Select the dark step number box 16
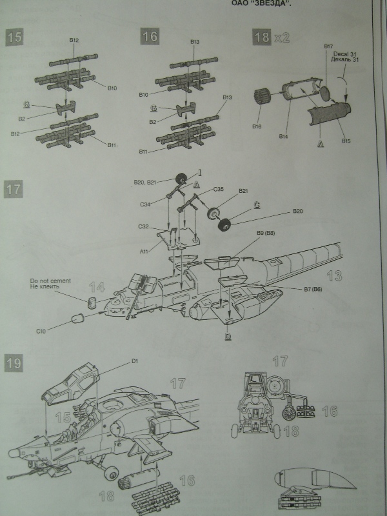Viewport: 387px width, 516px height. (150, 37)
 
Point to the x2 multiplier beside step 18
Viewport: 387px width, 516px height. (282, 37)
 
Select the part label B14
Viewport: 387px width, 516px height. (283, 136)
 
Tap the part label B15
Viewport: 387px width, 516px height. (346, 140)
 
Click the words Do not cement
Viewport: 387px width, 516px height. (50, 281)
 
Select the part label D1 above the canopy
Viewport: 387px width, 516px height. (135, 361)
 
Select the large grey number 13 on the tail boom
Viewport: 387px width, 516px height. (334, 276)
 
